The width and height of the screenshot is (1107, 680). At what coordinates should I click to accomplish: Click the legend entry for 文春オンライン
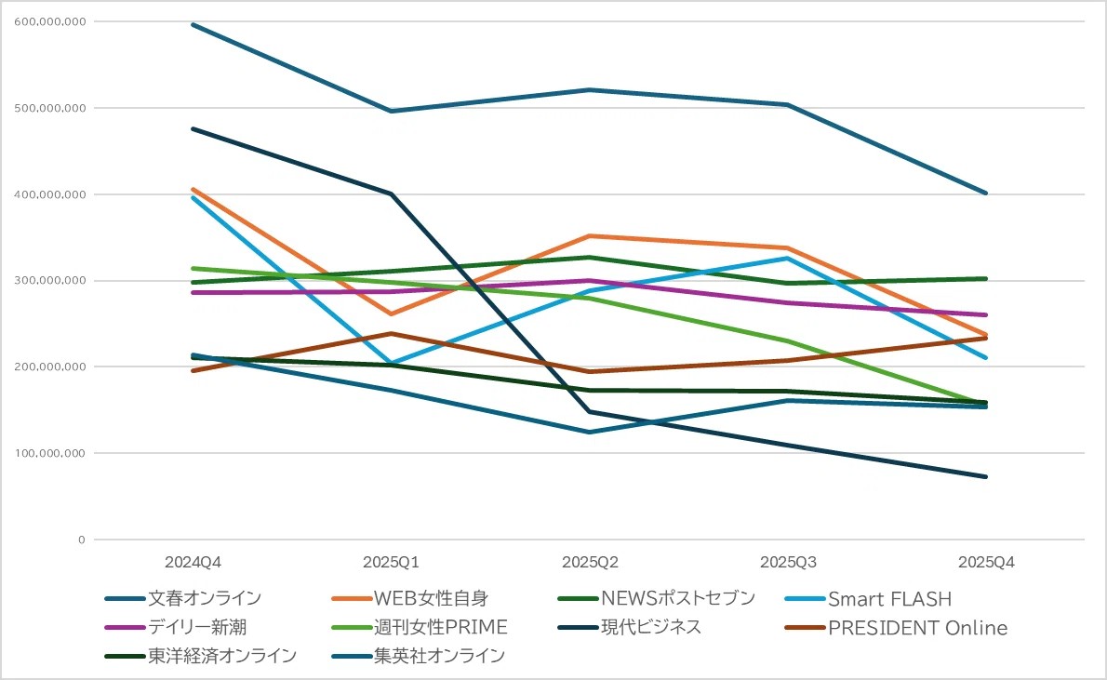click(x=204, y=598)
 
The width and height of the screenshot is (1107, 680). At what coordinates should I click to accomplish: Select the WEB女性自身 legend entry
click(x=431, y=598)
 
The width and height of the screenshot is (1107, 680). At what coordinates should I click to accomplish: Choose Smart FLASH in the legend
click(x=889, y=598)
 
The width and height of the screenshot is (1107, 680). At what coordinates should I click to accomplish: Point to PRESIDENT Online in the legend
click(x=917, y=628)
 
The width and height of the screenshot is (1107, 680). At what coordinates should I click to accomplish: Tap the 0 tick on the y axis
click(x=82, y=540)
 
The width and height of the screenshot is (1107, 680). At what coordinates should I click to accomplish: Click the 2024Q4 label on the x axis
click(x=193, y=563)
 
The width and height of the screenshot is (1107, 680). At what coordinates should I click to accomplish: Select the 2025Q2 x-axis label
click(x=590, y=563)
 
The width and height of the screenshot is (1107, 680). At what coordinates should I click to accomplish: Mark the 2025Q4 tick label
click(x=986, y=563)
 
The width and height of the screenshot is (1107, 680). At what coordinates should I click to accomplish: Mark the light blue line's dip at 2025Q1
click(x=391, y=363)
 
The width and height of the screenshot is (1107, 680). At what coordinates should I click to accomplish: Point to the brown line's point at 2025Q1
click(x=391, y=333)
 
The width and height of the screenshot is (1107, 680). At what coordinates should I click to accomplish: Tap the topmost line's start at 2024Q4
click(x=193, y=24)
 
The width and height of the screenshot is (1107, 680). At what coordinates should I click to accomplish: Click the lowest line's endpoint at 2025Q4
click(x=986, y=476)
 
